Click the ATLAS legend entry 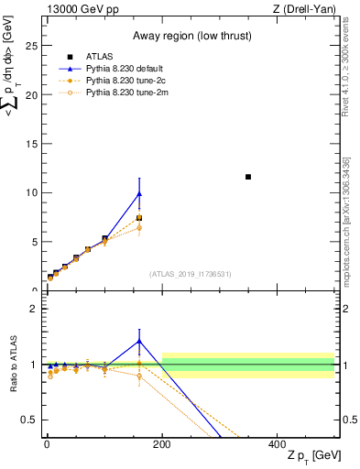(x=100, y=56)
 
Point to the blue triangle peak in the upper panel (x=139, y=193)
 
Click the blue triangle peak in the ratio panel (x=139, y=341)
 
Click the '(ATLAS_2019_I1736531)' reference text (x=190, y=274)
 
